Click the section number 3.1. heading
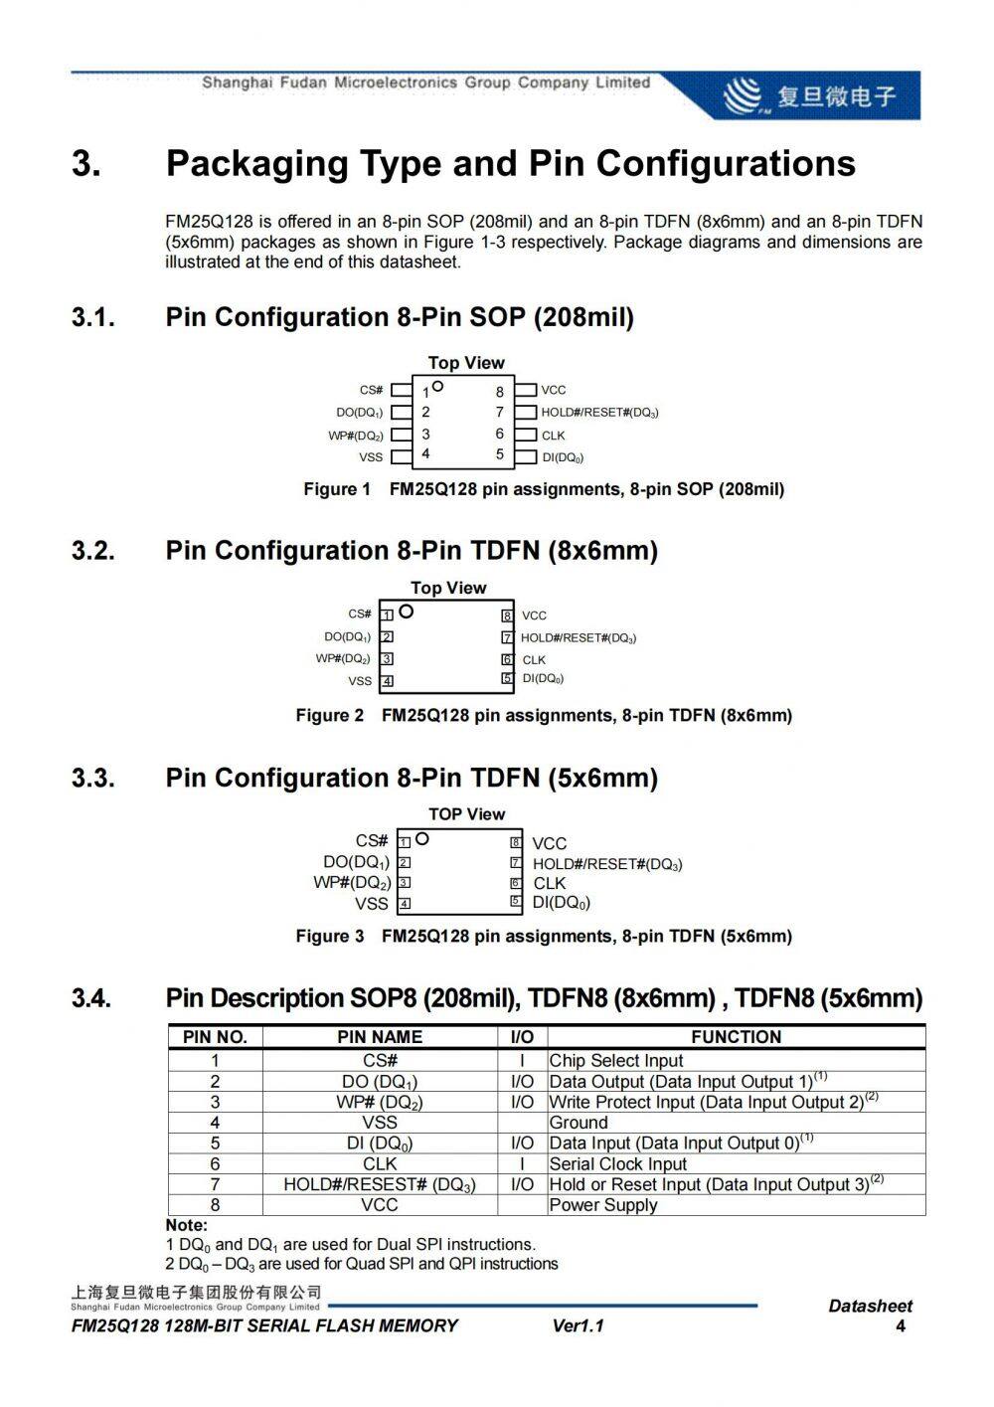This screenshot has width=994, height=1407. coord(93,317)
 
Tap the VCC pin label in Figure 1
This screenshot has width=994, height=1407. coord(554,390)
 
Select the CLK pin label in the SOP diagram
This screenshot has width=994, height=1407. coord(553,435)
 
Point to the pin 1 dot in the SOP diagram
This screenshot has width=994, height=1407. coord(437,386)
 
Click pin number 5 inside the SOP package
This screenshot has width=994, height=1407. coord(500,454)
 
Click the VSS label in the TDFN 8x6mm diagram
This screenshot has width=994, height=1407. coord(360,681)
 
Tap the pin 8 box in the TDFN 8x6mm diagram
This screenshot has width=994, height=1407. coord(507,616)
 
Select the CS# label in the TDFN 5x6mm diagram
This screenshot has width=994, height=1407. coord(372,840)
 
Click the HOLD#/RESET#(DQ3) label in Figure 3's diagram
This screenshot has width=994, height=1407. coord(607,864)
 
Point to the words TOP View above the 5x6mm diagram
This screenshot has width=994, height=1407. coord(467,814)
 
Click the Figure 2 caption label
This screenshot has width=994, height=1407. coord(330,715)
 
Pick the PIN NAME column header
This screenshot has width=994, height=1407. coord(380,1037)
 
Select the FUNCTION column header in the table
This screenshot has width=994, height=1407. coord(736,1037)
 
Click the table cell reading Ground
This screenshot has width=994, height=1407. coord(579,1123)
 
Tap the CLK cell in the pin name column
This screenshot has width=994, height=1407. coord(380,1163)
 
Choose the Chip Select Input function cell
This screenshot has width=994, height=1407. coord(616,1061)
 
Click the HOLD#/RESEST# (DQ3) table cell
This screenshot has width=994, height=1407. coord(380,1184)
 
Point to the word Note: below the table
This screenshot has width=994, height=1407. coord(187,1225)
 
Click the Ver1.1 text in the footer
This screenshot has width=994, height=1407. coord(578,1325)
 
